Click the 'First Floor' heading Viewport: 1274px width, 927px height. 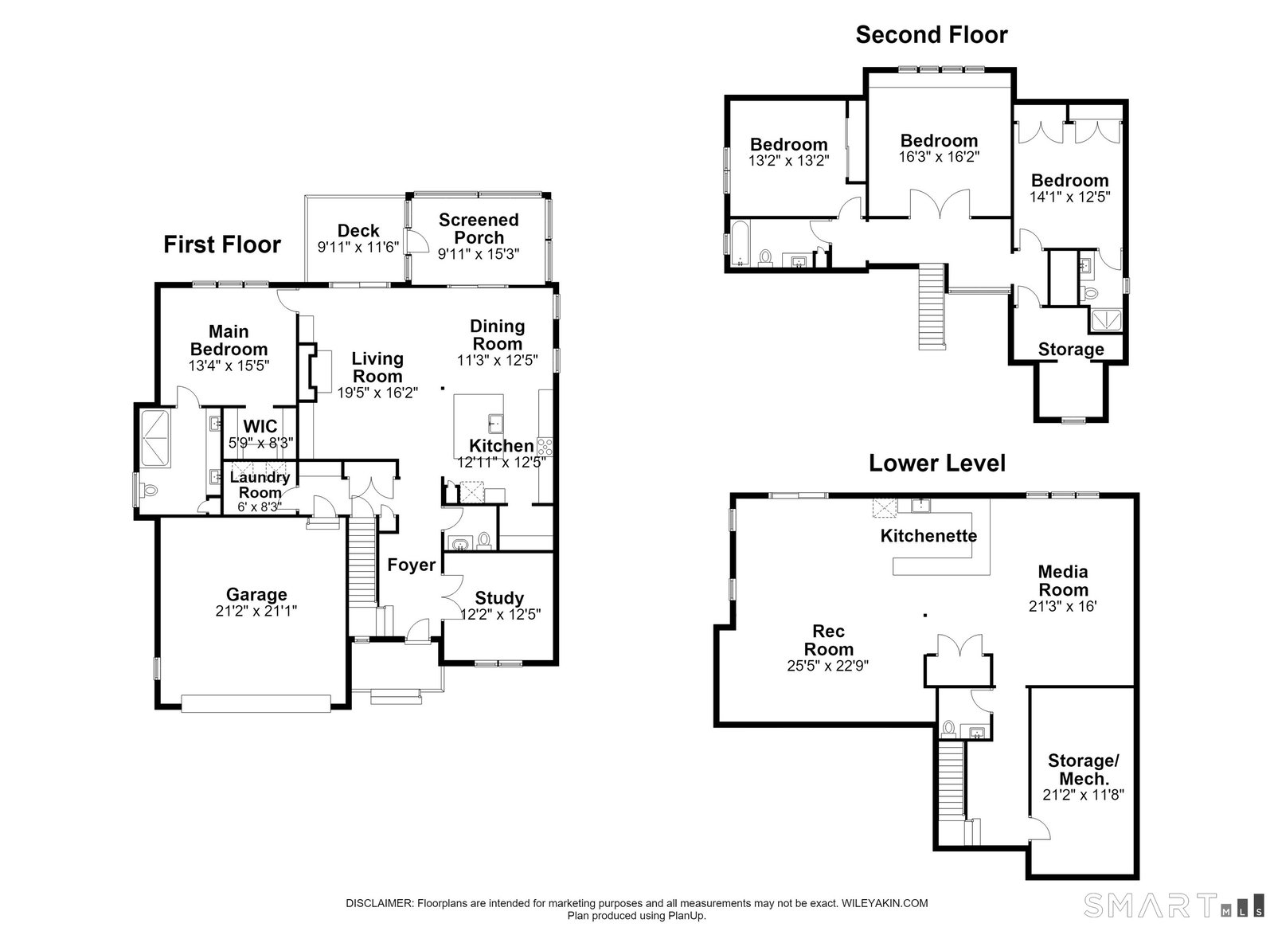222,244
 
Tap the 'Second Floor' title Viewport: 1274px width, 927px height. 932,35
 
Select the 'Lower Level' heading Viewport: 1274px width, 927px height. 936,463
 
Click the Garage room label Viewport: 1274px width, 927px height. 256,594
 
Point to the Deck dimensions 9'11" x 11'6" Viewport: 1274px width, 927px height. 358,247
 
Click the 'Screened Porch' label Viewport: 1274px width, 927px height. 479,229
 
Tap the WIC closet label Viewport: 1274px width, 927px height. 260,427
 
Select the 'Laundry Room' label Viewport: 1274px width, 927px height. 260,484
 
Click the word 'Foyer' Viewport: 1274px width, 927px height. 411,565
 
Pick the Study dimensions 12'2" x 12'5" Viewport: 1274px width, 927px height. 501,614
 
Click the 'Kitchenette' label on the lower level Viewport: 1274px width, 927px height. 928,535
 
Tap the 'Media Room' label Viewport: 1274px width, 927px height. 1063,581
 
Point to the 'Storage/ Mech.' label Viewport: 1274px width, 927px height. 1084,769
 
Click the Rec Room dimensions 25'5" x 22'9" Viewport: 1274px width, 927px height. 828,666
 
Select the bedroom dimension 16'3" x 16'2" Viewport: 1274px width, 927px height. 939,157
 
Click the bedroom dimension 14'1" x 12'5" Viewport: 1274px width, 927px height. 1070,197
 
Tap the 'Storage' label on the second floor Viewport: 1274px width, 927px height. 1071,349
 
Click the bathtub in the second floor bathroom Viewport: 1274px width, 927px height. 740,244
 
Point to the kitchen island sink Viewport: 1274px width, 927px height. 495,424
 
